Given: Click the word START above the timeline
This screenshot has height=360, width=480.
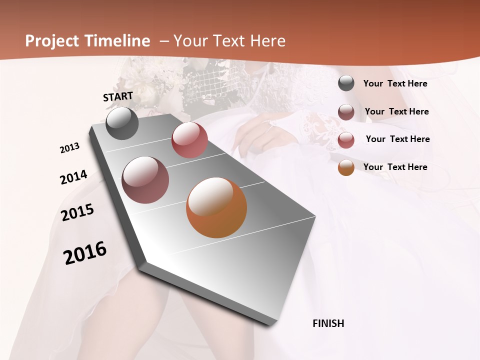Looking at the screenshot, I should (x=118, y=96).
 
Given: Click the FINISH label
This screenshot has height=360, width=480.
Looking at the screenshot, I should (x=328, y=323).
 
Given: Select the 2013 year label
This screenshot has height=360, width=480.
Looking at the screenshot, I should (x=69, y=148).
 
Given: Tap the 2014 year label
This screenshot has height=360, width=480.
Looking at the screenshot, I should (x=73, y=177).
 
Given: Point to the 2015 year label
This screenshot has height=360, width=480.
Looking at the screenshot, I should (x=77, y=212).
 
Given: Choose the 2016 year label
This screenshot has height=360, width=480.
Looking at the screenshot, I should (x=85, y=253).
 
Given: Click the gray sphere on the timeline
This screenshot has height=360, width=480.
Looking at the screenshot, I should (x=122, y=123).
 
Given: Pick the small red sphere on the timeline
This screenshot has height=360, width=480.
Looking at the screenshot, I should (x=189, y=140).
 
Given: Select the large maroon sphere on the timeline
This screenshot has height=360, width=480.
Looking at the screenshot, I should (x=145, y=180).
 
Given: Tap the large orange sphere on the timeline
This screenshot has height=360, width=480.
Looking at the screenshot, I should (x=216, y=207).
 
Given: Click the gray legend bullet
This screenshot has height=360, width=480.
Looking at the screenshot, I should (x=346, y=83).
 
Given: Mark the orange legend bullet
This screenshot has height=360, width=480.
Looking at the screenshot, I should (x=346, y=167).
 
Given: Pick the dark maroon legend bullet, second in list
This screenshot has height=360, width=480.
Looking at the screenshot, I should (x=346, y=112).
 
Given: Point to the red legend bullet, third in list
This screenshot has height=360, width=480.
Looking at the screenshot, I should (x=346, y=140).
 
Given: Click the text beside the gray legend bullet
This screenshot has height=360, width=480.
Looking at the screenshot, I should (x=395, y=83).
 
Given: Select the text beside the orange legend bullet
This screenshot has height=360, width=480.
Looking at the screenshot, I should (x=395, y=167).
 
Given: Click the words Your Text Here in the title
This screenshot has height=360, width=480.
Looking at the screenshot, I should (x=229, y=41).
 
